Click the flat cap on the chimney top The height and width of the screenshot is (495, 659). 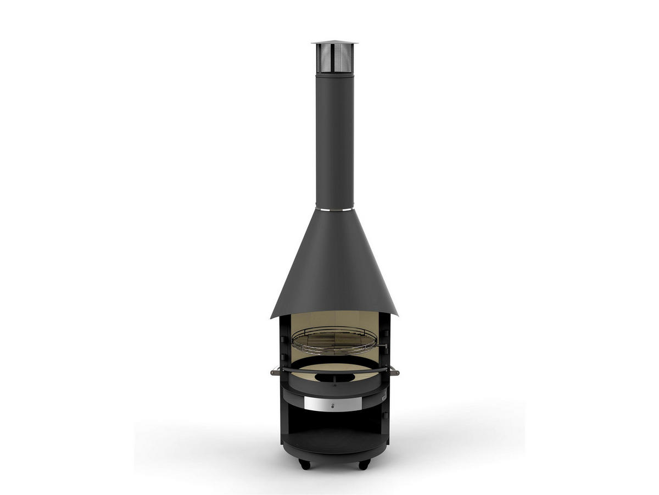(334, 42)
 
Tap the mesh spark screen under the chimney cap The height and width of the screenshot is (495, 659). (334, 58)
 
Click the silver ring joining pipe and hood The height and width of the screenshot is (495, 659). (334, 209)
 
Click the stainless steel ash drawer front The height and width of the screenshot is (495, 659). (334, 405)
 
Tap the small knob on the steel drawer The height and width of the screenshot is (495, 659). (334, 406)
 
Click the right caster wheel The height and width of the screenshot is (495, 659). (363, 465)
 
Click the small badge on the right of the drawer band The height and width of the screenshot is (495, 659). (384, 396)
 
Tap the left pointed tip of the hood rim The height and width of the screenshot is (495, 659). (271, 318)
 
